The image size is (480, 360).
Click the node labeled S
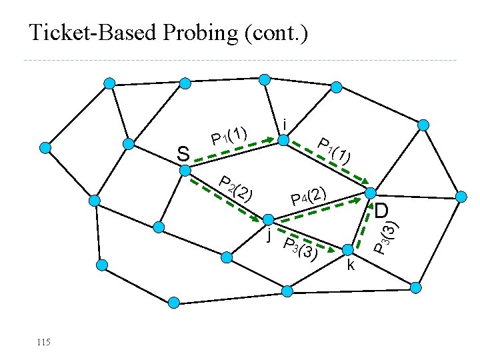(x=186, y=170)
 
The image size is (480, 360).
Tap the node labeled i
(x=283, y=140)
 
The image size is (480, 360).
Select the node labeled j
(x=267, y=219)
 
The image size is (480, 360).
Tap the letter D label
(x=381, y=211)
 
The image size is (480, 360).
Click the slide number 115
(x=43, y=342)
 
